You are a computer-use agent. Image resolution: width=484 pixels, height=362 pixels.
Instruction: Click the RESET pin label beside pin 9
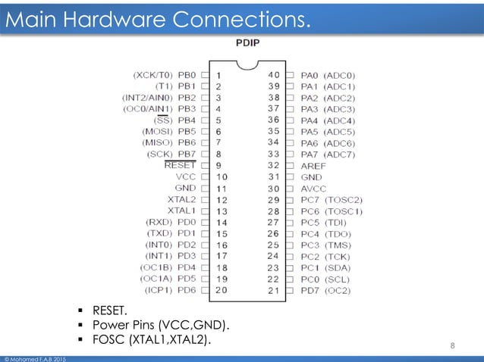click(180, 164)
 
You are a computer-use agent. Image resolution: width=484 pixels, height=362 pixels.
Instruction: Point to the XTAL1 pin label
click(182, 210)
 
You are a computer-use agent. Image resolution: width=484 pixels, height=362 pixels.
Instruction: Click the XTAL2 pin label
click(182, 198)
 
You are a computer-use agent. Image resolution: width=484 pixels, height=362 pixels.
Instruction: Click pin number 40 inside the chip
click(274, 75)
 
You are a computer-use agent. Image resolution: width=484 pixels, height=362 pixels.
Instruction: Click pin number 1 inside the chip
click(218, 75)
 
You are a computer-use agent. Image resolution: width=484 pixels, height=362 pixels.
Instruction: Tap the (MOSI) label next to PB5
click(157, 131)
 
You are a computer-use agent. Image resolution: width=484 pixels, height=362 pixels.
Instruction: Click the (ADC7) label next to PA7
click(339, 154)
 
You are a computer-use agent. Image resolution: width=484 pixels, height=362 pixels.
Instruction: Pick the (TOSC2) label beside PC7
click(344, 199)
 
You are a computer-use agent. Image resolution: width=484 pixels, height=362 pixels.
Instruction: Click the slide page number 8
click(453, 347)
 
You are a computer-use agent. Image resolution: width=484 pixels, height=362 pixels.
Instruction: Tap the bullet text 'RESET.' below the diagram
click(110, 311)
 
